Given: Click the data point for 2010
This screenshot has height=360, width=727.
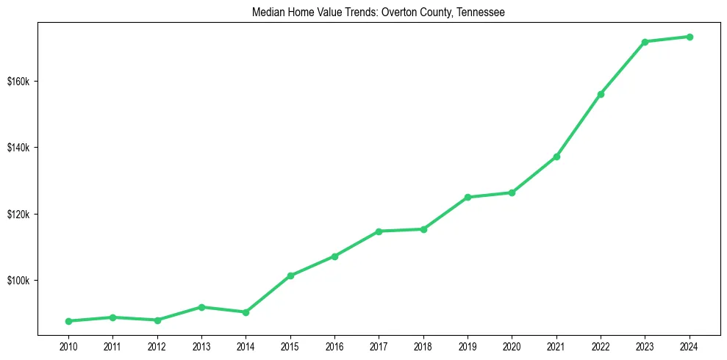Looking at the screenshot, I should [68, 321].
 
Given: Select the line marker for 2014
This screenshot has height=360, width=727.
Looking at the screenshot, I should [246, 312].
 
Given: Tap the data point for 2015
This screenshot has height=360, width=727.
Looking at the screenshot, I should [290, 276].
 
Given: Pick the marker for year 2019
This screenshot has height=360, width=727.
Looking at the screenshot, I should [468, 197].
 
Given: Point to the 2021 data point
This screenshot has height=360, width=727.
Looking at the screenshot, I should [556, 156].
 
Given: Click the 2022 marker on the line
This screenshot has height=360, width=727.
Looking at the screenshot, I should [601, 94].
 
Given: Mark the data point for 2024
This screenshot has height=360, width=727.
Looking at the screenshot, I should [690, 37].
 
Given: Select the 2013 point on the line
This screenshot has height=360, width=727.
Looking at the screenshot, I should [201, 307].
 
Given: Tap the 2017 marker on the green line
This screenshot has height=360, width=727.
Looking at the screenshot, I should [379, 231].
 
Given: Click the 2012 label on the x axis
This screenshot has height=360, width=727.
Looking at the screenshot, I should [157, 346].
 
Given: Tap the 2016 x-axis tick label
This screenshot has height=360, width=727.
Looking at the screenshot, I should [334, 346].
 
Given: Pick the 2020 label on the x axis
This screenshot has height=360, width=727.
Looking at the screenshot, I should [512, 346].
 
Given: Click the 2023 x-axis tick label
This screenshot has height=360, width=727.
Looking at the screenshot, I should [645, 346].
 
